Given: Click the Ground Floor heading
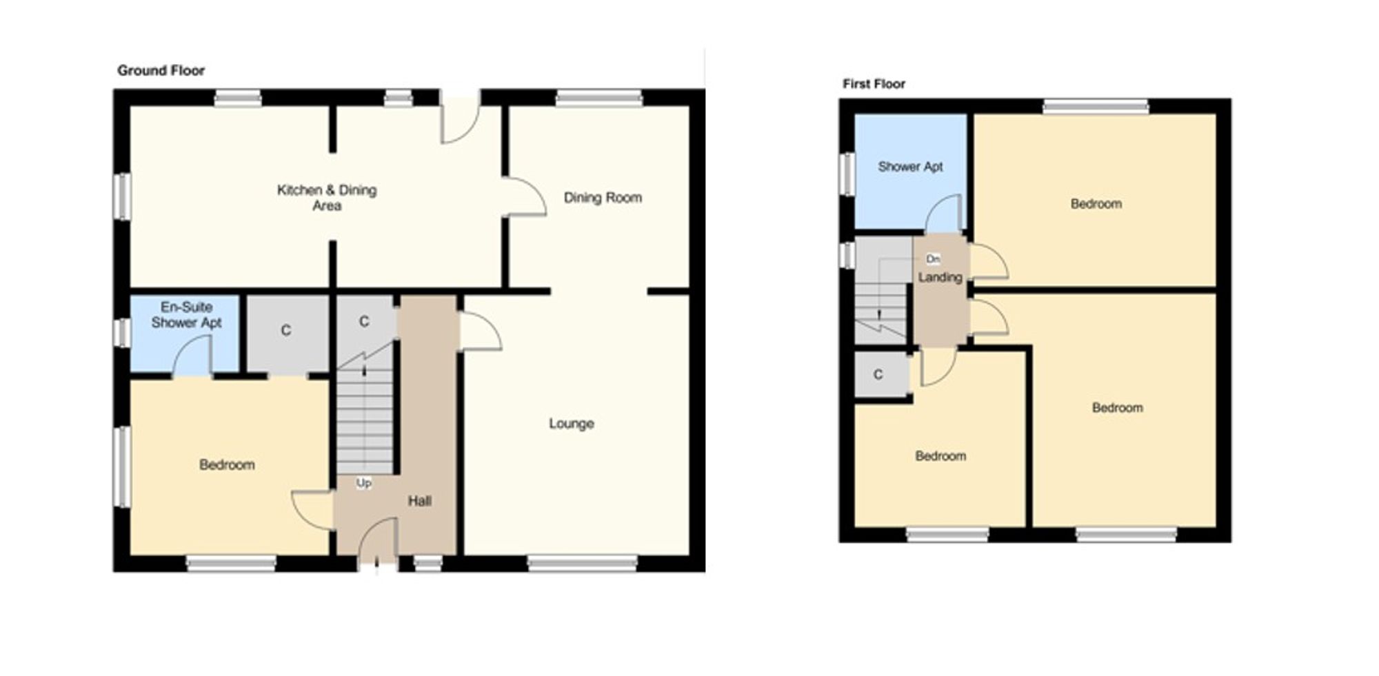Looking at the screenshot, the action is coord(161,70).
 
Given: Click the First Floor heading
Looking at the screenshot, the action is coord(874,84).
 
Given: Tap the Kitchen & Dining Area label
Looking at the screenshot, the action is coord(327,198).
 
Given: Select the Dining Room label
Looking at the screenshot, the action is coord(603,198).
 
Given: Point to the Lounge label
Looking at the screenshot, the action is coord(572,423).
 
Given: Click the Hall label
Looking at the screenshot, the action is coord(419,501).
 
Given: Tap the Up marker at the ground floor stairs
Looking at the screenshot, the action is coord(364,483).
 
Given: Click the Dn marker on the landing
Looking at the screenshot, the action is coord(933,258).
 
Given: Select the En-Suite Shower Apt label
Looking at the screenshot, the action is coord(186,315).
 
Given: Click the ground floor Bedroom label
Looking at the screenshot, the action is coord(227,464).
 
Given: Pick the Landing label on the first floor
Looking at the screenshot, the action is coord(940,277).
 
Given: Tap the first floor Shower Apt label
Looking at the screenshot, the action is coord(910,167).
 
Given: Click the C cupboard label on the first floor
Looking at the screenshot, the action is coord(878,374).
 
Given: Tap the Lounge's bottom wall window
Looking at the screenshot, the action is coord(583,564).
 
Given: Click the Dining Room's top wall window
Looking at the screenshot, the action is coord(599,99).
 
